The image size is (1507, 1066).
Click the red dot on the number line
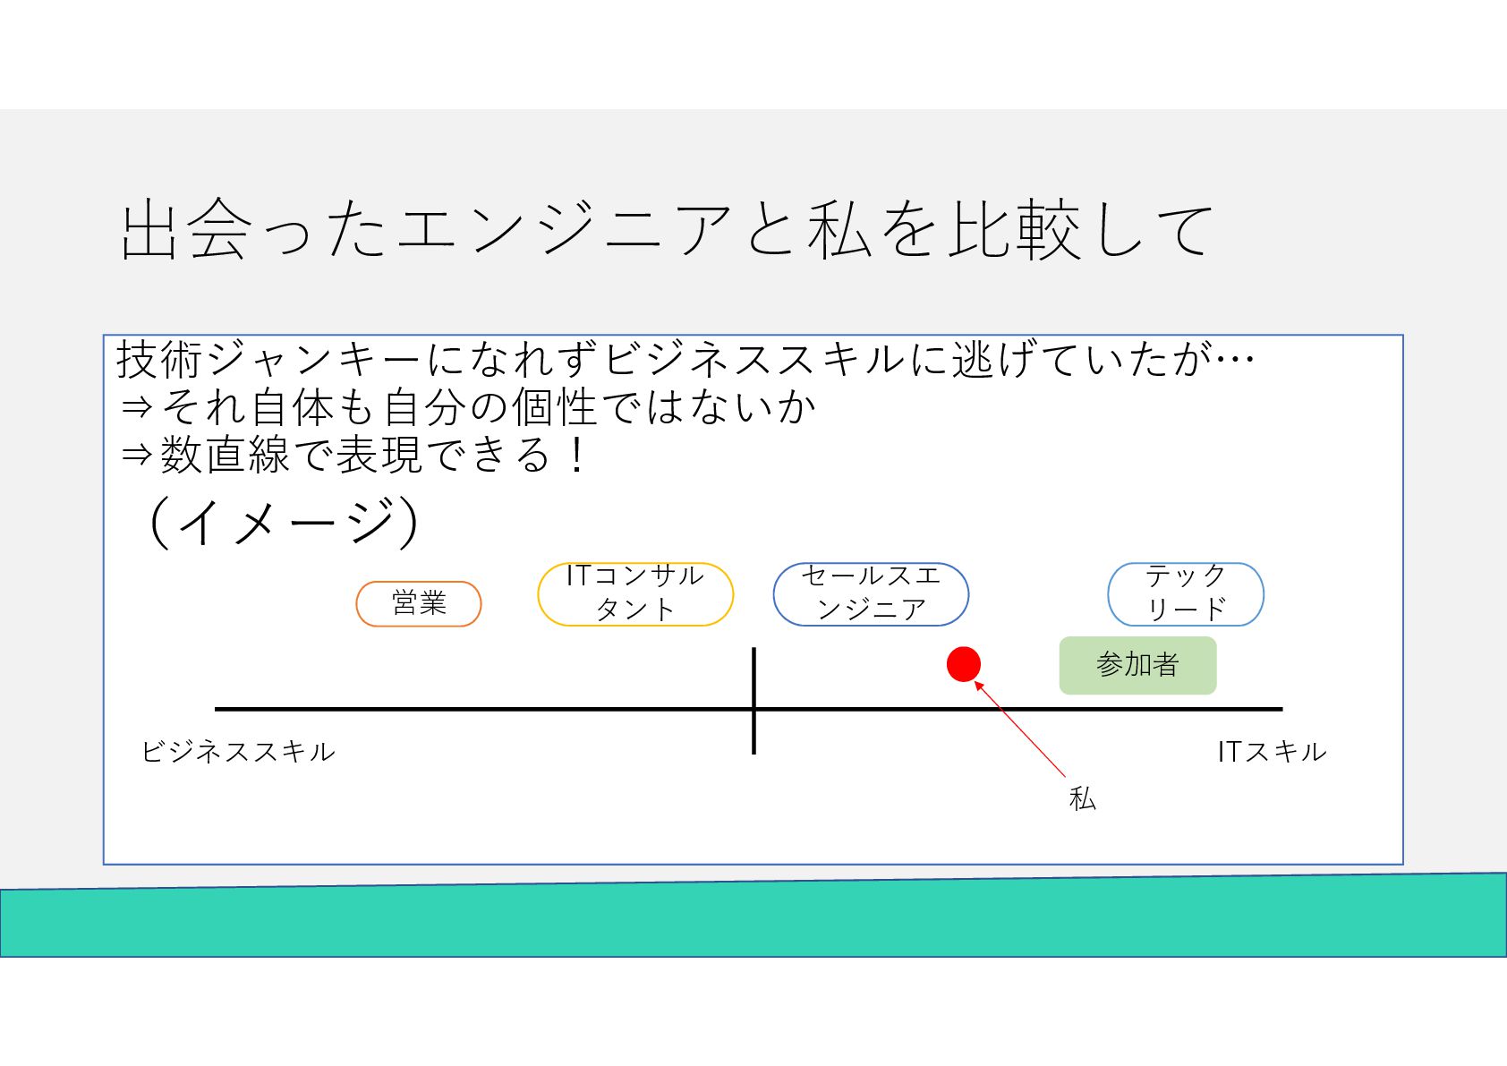point(964,664)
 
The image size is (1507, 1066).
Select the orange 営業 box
point(419,603)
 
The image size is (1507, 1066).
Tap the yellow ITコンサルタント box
point(635,593)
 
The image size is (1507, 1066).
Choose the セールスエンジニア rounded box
point(871,593)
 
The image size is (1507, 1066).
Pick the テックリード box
point(1186,593)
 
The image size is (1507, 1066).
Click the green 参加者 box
point(1137,665)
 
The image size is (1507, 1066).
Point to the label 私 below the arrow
point(1083,797)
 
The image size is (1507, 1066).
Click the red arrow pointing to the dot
point(1020,729)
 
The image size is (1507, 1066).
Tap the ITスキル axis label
point(1272,751)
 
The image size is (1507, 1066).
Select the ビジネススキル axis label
point(239,751)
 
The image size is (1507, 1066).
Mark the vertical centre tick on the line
point(754,700)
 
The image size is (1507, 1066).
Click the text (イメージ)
point(283,521)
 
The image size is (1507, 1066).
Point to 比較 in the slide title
point(1014,230)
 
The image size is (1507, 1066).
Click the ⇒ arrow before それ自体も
point(137,408)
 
